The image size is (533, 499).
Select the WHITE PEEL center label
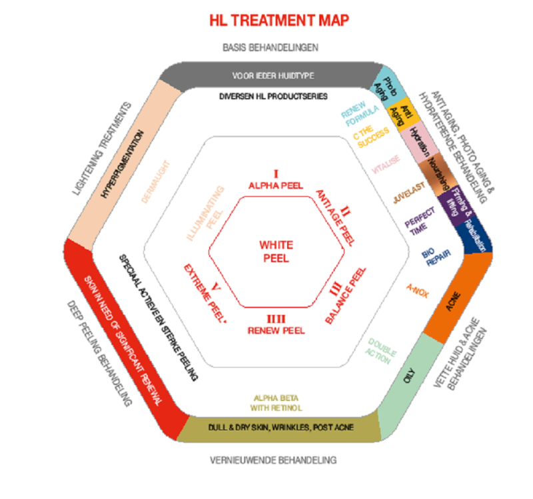pyautogui.click(x=276, y=252)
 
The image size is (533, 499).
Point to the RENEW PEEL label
pyautogui.click(x=275, y=325)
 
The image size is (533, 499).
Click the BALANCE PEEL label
pyautogui.click(x=346, y=295)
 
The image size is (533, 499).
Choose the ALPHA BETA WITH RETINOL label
pyautogui.click(x=276, y=402)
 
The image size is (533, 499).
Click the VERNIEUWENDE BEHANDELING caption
pyautogui.click(x=274, y=460)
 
